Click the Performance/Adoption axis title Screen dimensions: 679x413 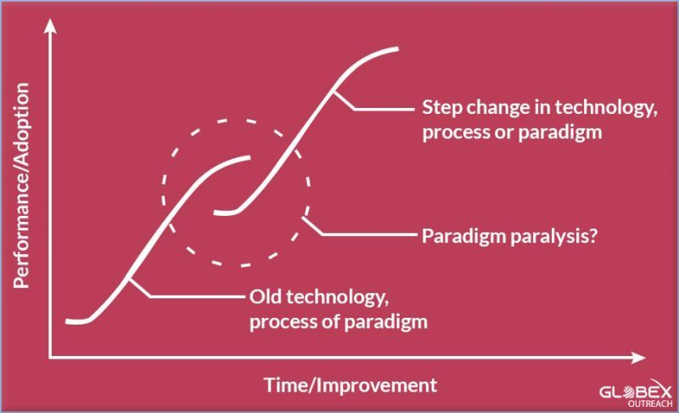tap(21, 185)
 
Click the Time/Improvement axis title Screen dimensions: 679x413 tap(351, 385)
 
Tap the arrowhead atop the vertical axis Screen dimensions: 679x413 tap(50, 25)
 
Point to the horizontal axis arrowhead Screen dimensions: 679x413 tap(638, 358)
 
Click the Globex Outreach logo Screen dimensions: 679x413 tap(636, 394)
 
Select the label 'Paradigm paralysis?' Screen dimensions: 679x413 tap(510, 236)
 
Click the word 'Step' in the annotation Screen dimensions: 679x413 tap(442, 108)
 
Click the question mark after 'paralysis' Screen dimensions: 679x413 tap(593, 235)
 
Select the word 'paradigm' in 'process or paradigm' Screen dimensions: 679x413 tap(560, 133)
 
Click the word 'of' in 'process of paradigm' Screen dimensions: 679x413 tap(332, 321)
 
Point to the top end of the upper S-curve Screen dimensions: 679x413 tap(396, 49)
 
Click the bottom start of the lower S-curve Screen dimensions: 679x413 tap(68, 321)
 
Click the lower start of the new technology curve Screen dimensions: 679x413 tap(216, 212)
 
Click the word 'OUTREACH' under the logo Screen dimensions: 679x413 tap(650, 404)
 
